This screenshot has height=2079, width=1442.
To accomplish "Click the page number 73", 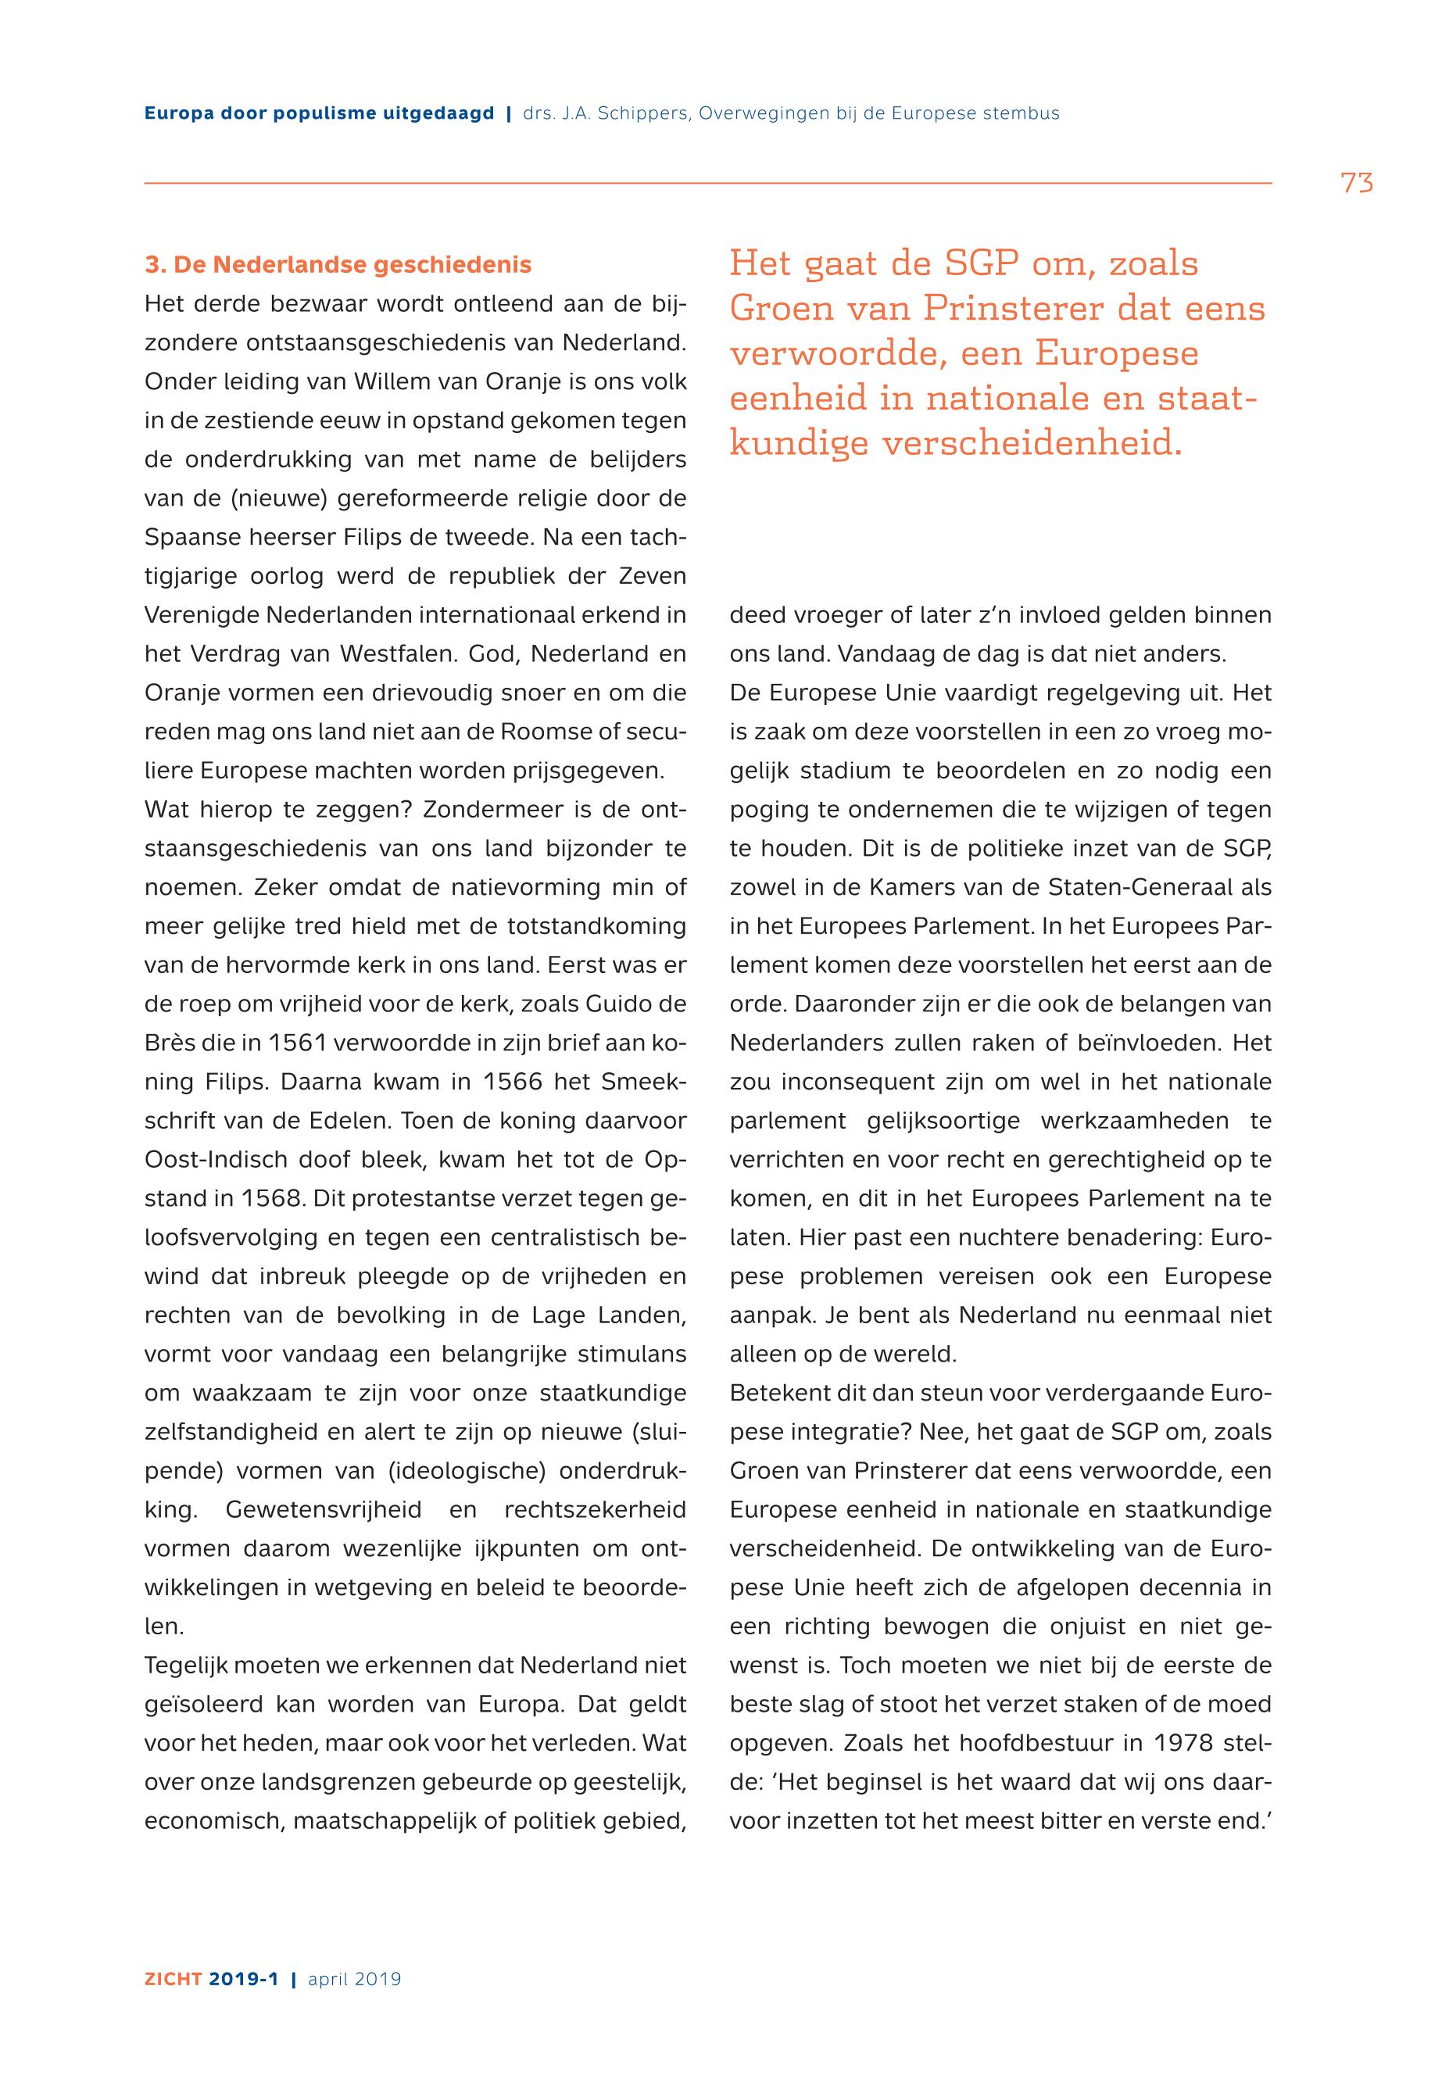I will [1357, 184].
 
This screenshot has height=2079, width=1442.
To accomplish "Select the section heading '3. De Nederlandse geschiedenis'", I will [338, 265].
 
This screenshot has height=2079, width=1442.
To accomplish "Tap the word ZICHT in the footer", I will [173, 1979].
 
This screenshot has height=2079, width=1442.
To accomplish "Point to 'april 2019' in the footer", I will [354, 1979].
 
